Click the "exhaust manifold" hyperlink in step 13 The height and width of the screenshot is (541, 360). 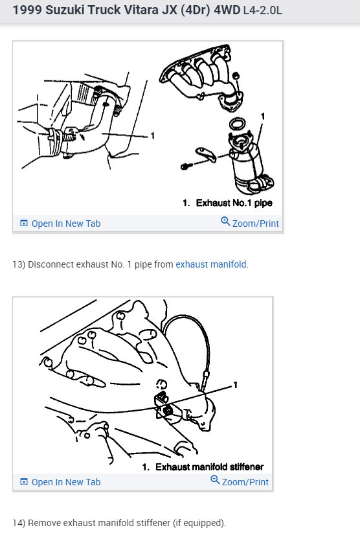point(211,264)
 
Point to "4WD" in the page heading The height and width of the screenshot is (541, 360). point(227,11)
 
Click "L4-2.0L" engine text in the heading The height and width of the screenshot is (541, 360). point(264,12)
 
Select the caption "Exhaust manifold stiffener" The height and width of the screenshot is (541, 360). point(207,466)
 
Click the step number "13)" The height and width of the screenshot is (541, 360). point(19,264)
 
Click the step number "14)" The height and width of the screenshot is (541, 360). point(19,523)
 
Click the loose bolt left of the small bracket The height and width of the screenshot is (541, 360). point(186,166)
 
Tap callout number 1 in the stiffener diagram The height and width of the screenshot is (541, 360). point(235,386)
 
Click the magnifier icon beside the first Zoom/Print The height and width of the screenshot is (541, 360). point(225,222)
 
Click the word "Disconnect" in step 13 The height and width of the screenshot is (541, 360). point(50,264)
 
